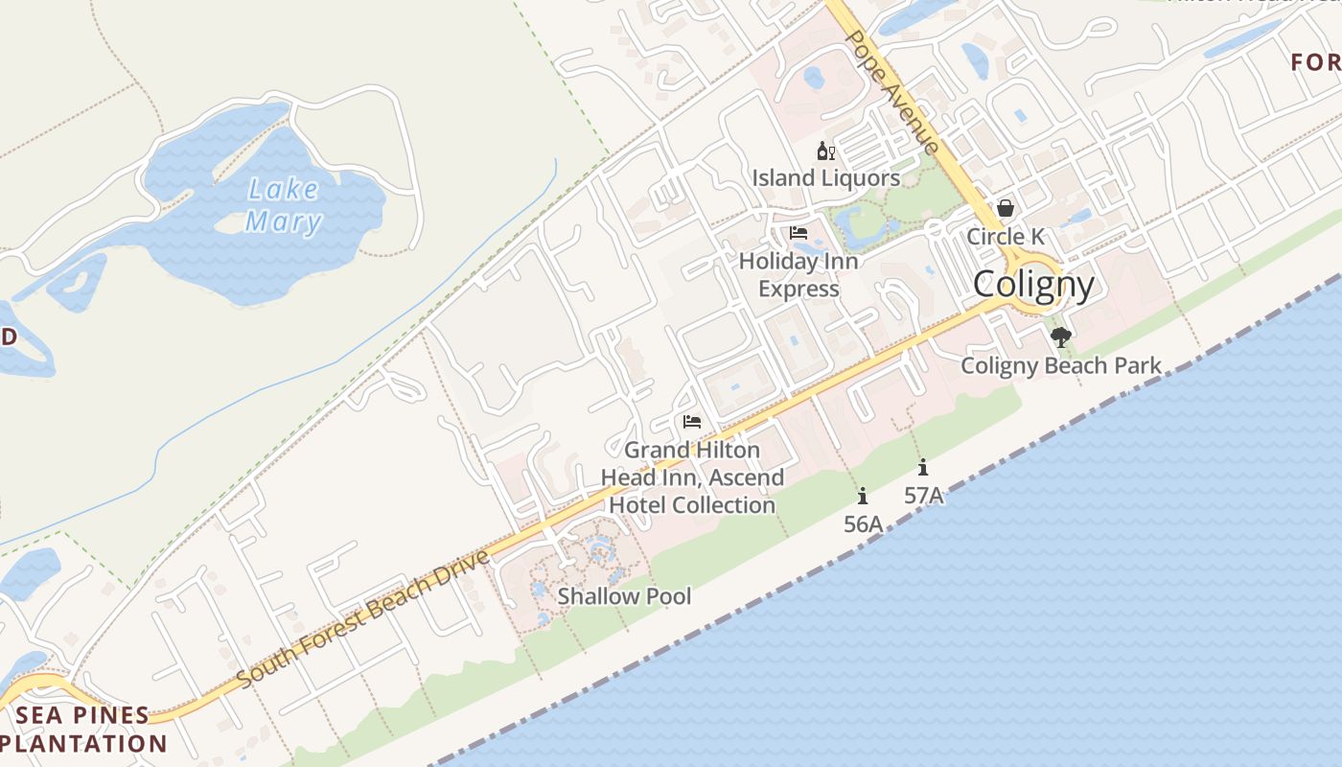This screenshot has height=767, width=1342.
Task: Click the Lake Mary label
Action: coord(283,205)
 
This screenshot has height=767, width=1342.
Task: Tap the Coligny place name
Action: coord(1033,285)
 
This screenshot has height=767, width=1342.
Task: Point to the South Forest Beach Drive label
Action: coord(364,618)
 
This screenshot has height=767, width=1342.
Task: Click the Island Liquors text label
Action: coord(825,178)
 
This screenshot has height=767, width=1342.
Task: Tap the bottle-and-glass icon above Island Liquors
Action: coord(825,151)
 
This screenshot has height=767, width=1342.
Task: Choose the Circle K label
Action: coord(1006,236)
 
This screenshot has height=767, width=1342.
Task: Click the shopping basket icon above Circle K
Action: coord(1006,208)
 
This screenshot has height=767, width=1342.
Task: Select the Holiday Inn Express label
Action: coord(798,274)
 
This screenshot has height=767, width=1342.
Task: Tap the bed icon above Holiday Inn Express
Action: coord(798,233)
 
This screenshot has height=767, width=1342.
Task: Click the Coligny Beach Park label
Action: coord(1061,365)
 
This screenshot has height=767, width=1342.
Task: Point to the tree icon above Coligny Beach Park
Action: coord(1060,337)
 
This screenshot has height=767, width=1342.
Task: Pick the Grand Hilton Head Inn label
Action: coord(692,476)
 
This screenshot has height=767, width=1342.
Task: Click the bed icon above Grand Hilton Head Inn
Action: coord(692,422)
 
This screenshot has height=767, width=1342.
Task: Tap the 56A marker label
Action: coord(863,523)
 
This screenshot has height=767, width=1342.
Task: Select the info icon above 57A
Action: coord(923,468)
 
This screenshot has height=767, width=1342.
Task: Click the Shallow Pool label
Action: coord(624,596)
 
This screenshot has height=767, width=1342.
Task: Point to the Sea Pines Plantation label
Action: coord(83,729)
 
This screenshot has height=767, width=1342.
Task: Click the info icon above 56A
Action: coord(863,496)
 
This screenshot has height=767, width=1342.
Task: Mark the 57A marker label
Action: coord(924,496)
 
